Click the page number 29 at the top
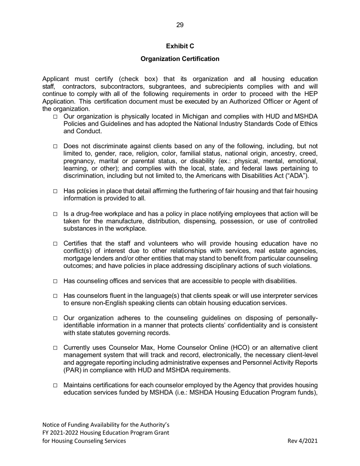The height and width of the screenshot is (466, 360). coord(180,25)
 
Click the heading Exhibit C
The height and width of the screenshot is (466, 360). coord(180,46)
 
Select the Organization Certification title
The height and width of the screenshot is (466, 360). coord(180,59)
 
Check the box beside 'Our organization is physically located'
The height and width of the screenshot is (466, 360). coord(55,117)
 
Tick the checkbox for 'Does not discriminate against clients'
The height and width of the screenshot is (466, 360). coord(55,147)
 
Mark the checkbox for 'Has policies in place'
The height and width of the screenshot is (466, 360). coord(55,191)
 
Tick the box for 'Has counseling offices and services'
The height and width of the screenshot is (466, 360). coord(55,281)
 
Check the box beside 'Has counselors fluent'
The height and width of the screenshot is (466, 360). coord(55,296)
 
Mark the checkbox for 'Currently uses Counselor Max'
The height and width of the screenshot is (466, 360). coord(55,348)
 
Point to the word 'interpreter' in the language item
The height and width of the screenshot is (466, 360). coord(280,296)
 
